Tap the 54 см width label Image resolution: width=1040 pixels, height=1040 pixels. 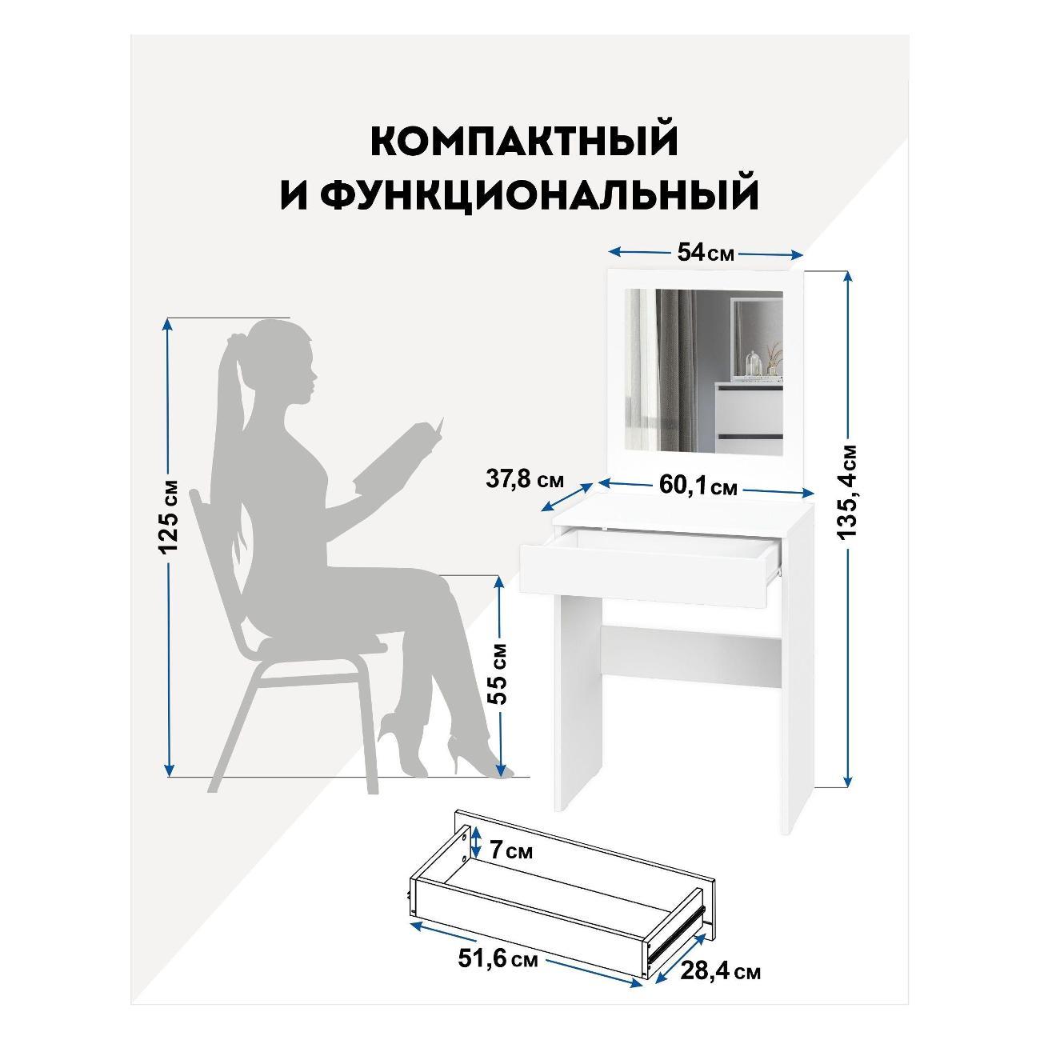[x=704, y=253]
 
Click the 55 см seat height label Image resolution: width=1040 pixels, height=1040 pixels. [x=498, y=672]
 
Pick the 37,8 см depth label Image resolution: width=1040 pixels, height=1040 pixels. [x=525, y=482]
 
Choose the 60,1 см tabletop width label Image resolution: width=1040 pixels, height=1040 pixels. [x=698, y=485]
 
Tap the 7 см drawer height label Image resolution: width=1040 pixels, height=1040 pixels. [x=510, y=851]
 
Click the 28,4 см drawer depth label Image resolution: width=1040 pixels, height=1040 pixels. [x=720, y=972]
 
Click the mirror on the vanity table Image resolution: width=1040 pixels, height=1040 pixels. [x=702, y=372]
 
